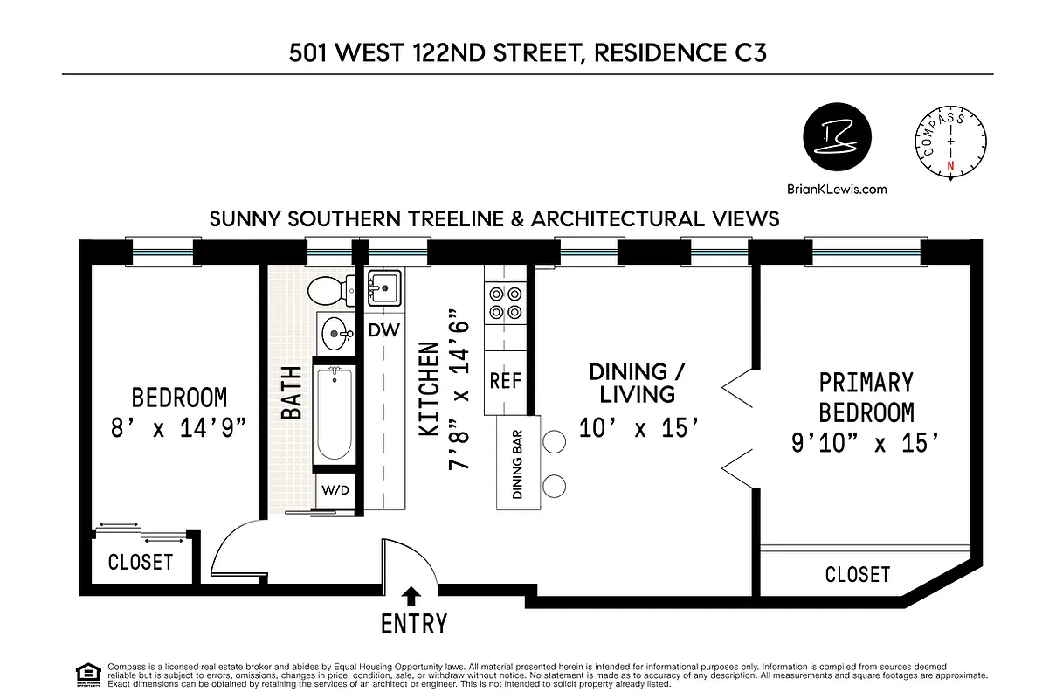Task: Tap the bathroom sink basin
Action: click(335, 332)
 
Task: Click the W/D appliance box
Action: click(335, 489)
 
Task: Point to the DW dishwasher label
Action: click(383, 330)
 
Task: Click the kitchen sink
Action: click(383, 285)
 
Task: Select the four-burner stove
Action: click(505, 303)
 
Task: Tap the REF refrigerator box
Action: click(505, 381)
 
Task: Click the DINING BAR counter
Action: click(517, 463)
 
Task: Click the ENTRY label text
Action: click(413, 624)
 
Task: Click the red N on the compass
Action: click(951, 164)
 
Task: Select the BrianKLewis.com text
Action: click(836, 189)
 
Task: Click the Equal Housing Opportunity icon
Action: click(87, 675)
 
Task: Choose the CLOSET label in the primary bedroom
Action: click(857, 574)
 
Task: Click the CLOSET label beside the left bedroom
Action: click(141, 561)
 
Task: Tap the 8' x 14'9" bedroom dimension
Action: click(178, 429)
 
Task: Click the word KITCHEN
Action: click(429, 390)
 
